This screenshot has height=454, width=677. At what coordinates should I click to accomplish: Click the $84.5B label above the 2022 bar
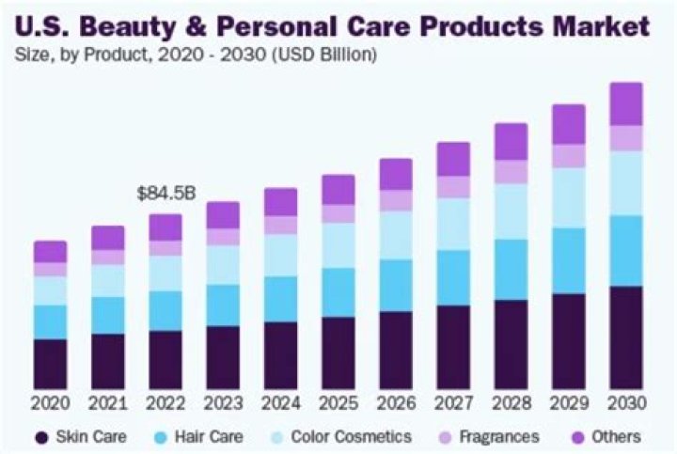(x=165, y=195)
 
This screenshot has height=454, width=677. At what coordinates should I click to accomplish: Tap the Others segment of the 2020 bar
(x=51, y=251)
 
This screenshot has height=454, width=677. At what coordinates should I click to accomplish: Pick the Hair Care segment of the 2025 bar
(x=338, y=292)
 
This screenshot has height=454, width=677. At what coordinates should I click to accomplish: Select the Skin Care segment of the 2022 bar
(x=165, y=359)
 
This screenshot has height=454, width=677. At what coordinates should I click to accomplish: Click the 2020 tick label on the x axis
(x=51, y=404)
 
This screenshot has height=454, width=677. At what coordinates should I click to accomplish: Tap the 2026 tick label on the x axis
(x=396, y=404)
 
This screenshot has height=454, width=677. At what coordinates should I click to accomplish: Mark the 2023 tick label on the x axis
(x=223, y=404)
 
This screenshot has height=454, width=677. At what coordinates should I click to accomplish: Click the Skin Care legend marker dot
(x=40, y=437)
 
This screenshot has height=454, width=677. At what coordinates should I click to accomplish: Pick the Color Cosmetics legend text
(x=351, y=437)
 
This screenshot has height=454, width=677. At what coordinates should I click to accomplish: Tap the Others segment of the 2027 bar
(x=453, y=159)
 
